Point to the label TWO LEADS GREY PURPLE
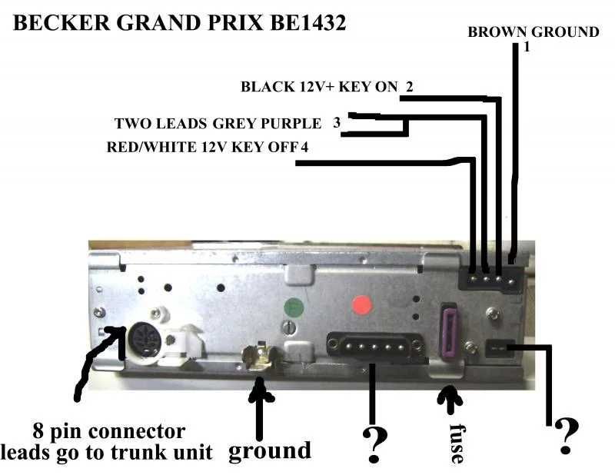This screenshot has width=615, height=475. (x=218, y=123)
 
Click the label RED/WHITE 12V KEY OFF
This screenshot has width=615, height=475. (x=203, y=147)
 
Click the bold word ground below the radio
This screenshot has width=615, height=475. (x=270, y=450)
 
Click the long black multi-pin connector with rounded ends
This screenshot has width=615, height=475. (x=375, y=345)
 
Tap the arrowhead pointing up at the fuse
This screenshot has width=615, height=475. (x=450, y=397)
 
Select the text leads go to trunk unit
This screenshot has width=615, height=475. (x=106, y=453)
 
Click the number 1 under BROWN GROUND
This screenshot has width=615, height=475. (x=527, y=47)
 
